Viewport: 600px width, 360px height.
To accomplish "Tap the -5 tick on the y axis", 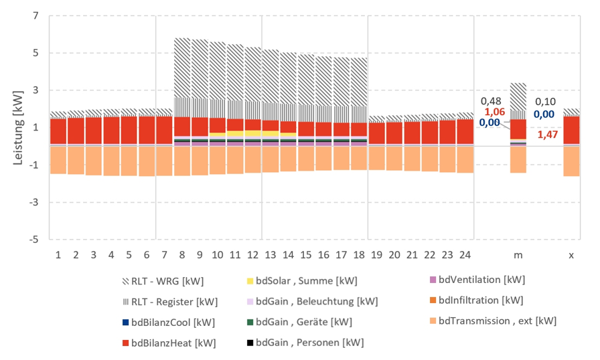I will [x=34, y=239].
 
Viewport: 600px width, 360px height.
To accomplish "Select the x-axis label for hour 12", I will [x=253, y=255].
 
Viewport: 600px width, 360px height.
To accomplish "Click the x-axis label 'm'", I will [x=518, y=255].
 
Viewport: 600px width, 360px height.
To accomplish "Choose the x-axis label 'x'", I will [x=571, y=255].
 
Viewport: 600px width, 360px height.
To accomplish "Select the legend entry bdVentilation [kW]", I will [x=477, y=279].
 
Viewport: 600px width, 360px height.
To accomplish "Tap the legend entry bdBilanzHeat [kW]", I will [x=169, y=343].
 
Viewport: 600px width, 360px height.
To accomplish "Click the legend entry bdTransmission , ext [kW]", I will [x=492, y=321].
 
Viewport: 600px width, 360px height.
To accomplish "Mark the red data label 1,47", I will [x=549, y=135].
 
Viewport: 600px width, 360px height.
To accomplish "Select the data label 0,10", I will [x=545, y=101].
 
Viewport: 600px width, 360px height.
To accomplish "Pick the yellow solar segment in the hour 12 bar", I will [x=253, y=133].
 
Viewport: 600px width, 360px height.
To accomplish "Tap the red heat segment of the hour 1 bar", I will [x=58, y=130].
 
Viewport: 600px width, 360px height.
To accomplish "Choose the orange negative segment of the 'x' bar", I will [x=571, y=161].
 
